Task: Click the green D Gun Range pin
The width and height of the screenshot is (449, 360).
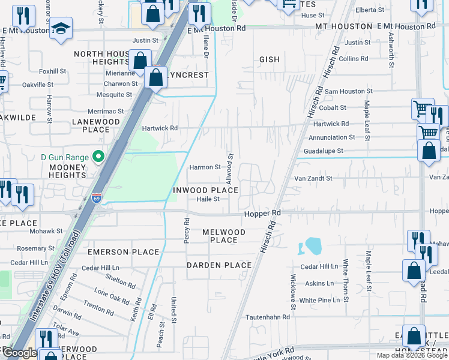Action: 100,157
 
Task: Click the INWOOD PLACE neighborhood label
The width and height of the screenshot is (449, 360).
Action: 206,190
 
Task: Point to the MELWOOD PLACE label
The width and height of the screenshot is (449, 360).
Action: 223,236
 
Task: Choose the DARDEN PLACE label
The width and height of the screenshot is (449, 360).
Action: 218,265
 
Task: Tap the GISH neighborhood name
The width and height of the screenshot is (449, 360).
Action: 270,60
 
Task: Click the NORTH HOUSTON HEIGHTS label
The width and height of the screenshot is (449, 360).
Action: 101,58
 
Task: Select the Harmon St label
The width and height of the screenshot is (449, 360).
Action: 205,167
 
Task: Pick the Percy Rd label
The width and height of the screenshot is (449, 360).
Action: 187,230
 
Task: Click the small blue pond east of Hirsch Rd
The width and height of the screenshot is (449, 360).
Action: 312,245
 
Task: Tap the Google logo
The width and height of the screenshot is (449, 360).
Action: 20,353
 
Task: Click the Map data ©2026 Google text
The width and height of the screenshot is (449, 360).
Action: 412,355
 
